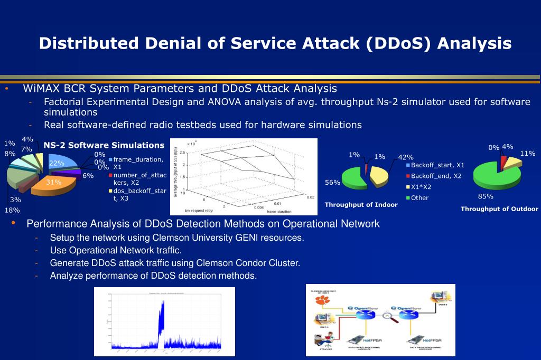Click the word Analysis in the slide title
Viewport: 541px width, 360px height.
click(474, 43)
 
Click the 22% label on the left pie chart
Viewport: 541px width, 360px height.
click(57, 163)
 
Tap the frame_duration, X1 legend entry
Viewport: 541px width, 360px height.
click(137, 163)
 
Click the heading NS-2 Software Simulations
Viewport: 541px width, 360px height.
click(104, 145)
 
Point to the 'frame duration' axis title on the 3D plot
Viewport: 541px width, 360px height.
click(278, 211)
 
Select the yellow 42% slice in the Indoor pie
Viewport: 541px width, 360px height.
click(379, 176)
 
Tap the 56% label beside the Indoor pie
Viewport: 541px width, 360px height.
click(332, 183)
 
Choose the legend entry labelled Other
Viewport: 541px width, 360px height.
click(420, 198)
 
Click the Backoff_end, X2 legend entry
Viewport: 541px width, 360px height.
click(436, 176)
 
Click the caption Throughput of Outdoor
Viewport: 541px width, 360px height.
click(499, 209)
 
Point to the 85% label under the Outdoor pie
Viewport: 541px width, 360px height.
click(486, 196)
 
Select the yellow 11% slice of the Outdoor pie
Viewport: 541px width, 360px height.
click(511, 163)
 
